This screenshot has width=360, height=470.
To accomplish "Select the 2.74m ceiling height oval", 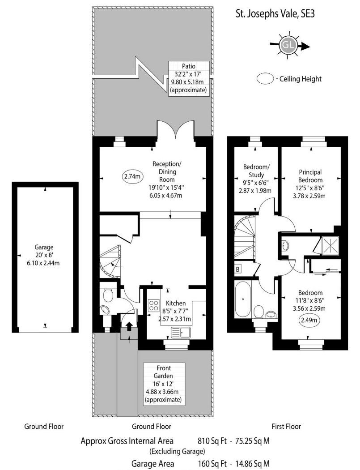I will pyautogui.click(x=132, y=176).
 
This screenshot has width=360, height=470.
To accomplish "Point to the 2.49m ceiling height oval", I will pyautogui.click(x=310, y=320).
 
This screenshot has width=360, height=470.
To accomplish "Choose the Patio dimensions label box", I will pyautogui.click(x=189, y=78).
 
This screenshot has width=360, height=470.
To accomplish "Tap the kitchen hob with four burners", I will pyautogui.click(x=153, y=305).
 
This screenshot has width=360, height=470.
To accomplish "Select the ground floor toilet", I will pyautogui.click(x=107, y=295).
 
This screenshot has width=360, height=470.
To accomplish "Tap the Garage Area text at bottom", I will pyautogui.click(x=152, y=464).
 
